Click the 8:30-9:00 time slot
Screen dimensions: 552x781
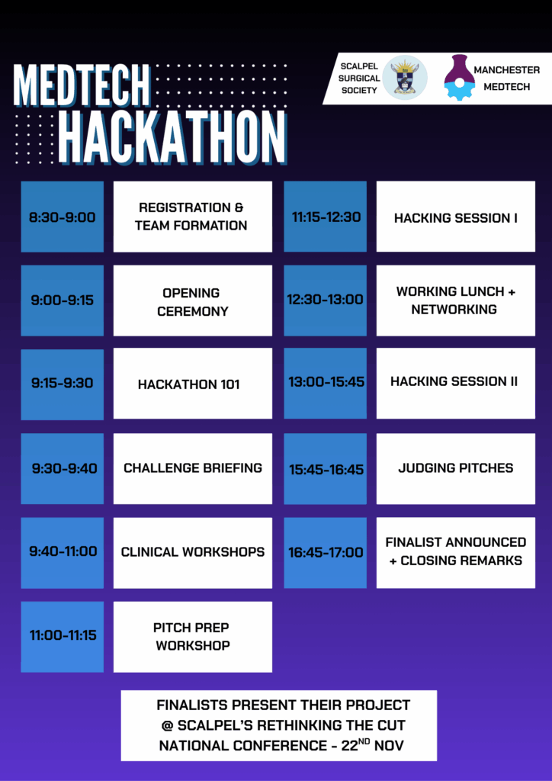coord(63,217)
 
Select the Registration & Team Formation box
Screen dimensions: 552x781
coord(193,217)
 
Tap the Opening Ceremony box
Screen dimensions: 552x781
coord(193,301)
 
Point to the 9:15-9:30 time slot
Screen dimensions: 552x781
coord(63,384)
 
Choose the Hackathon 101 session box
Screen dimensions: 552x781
coord(193,384)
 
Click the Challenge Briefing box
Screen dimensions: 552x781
coord(193,468)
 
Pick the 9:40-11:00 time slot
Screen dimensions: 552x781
coord(63,552)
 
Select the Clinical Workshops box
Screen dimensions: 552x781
coord(193,552)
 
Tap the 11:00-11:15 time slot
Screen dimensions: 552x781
coord(63,637)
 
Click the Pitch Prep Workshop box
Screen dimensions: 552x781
coord(193,637)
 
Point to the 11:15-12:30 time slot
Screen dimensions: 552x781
coord(325,217)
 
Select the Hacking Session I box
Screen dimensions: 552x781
coord(455,217)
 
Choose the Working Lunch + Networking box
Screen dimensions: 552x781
coord(455,301)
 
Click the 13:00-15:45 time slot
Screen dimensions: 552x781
coord(325,384)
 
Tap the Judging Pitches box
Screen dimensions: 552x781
coord(455,468)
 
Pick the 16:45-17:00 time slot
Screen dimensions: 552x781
coord(325,552)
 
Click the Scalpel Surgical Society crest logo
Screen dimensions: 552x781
coord(405,78)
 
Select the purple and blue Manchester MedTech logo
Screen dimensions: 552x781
coord(458,77)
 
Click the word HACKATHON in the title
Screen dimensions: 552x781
coord(173,138)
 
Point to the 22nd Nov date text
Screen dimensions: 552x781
coord(372,744)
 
